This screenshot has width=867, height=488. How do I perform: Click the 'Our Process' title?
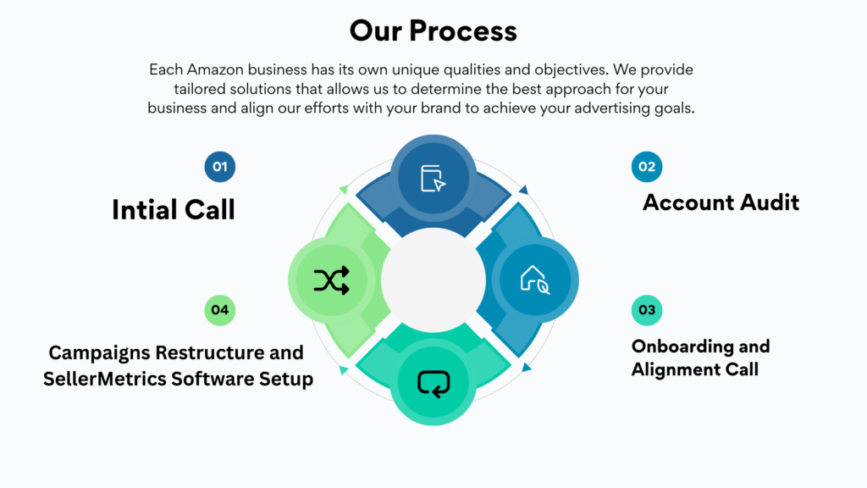(433, 31)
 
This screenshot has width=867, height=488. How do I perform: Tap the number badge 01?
(220, 167)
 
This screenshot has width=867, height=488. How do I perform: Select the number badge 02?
(647, 167)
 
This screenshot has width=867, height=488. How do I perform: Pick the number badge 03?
(647, 310)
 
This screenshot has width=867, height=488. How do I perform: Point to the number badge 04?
(220, 310)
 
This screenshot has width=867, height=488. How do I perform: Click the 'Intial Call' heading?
(173, 209)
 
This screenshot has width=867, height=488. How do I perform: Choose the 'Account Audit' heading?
(721, 202)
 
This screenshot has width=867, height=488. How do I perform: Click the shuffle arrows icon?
(331, 280)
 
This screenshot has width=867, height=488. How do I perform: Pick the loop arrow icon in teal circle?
(433, 383)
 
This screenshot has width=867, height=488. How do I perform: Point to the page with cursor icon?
(433, 179)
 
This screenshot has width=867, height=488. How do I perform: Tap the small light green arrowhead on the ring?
(343, 189)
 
